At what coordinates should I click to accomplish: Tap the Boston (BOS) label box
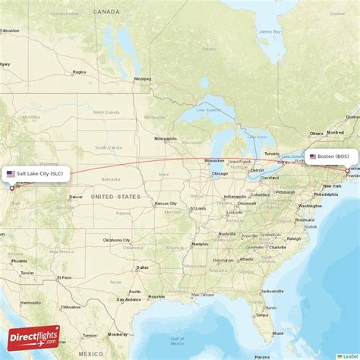331,156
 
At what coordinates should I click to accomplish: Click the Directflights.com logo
33,336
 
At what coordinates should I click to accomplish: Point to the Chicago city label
219,173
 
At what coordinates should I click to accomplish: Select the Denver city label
76,197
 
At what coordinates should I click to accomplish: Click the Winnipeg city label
142,78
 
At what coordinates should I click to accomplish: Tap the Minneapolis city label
165,139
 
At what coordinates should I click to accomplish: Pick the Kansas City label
166,204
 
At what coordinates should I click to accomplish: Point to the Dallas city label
142,267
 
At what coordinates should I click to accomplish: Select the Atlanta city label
245,259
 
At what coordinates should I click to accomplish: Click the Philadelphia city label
326,194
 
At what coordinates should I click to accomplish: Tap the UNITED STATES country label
115,197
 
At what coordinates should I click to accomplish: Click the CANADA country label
106,12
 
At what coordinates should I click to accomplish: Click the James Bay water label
270,31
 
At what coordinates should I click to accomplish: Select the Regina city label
79,72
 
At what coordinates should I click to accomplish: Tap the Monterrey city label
117,334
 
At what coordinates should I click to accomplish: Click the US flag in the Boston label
312,156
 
